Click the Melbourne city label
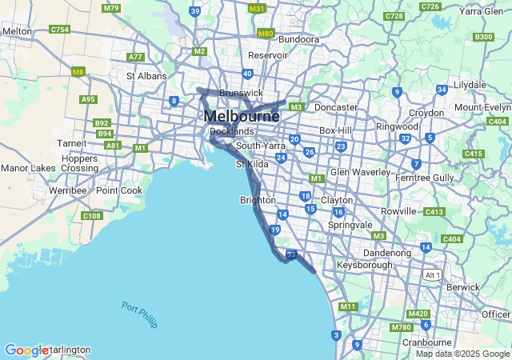coord(242,116)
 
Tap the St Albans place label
coord(146,76)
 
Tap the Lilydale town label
coord(470,84)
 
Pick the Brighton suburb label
coord(258,200)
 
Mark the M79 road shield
coord(111,8)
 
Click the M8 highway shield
coord(78,71)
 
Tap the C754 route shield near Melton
coord(59,29)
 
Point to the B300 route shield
coord(483,37)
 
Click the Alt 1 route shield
coord(433,274)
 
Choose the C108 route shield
coord(92,216)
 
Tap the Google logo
coord(26,350)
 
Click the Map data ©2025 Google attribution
coord(462,354)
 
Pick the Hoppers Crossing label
coord(79,163)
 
